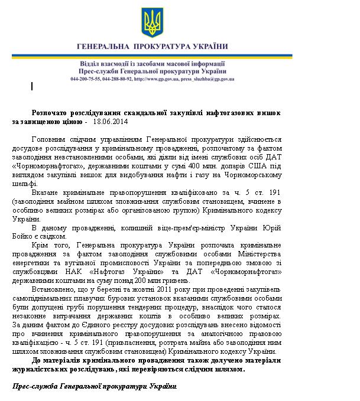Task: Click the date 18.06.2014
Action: tap(111, 122)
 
